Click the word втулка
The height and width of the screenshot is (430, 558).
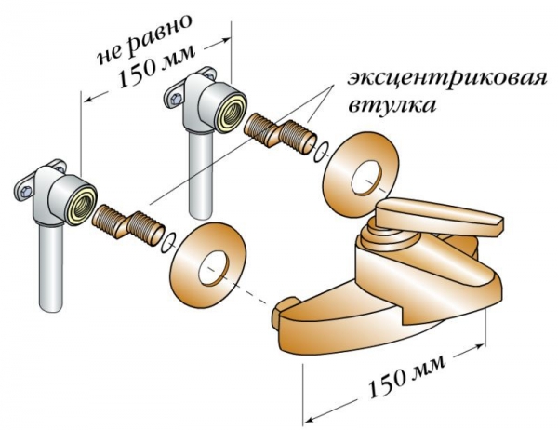pos(392,106)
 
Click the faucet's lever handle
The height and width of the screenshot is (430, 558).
pos(440,216)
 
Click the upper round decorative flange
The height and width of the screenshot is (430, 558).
pos(361,175)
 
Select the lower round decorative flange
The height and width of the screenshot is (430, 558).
pos(208,264)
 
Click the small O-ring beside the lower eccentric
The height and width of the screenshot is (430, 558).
pos(169,243)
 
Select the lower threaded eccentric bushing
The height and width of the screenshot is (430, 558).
pos(127,223)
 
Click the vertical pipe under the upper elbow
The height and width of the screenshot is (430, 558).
pos(200,176)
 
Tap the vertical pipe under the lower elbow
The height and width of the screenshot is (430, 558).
pos(51,269)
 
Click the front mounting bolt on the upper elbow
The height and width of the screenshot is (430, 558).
pos(174,99)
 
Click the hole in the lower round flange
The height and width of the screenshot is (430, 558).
pos(213,268)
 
